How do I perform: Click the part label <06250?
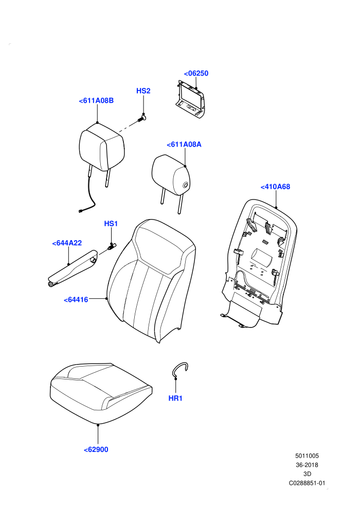coord(196,74)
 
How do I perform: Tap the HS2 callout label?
coord(143,91)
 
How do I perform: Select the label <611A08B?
coord(96,101)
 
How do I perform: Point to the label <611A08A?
coord(184,144)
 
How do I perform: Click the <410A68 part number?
coord(275,187)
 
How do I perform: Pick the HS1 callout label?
coord(111,224)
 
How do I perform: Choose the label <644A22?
coord(67,243)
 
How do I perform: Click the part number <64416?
coord(76,300)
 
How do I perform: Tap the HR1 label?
coord(175,398)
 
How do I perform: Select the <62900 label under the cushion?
coord(96,449)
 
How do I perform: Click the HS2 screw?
coord(141,118)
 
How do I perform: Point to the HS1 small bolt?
coord(112,247)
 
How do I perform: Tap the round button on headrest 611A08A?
coord(186,186)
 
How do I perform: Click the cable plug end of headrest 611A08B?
coord(81,211)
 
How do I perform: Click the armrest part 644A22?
coord(73,269)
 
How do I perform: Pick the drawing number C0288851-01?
coord(307,483)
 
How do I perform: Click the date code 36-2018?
coord(307,465)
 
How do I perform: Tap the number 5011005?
coord(307,456)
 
